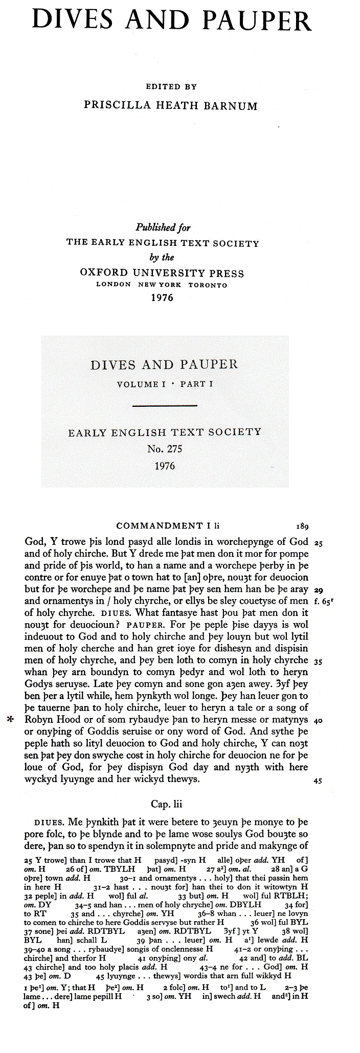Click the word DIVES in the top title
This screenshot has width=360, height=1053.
pyautogui.click(x=73, y=20)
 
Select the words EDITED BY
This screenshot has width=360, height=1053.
pyautogui.click(x=171, y=87)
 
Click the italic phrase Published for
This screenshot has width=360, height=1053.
pyautogui.click(x=163, y=227)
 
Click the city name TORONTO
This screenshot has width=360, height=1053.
pyautogui.click(x=208, y=285)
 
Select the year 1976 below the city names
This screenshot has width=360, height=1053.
pyautogui.click(x=162, y=297)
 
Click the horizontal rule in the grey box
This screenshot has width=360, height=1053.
pyautogui.click(x=165, y=406)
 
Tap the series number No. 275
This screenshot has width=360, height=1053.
pyautogui.click(x=165, y=449)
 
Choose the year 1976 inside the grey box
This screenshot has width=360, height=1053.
pyautogui.click(x=165, y=466)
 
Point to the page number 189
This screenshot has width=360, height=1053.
pyautogui.click(x=302, y=526)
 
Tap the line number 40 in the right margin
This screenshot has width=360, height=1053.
pyautogui.click(x=318, y=721)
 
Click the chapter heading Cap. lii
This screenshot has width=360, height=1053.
pyautogui.click(x=166, y=804)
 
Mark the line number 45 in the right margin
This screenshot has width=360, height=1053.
pyautogui.click(x=318, y=781)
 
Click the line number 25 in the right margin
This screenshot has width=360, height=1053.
pyautogui.click(x=318, y=543)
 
